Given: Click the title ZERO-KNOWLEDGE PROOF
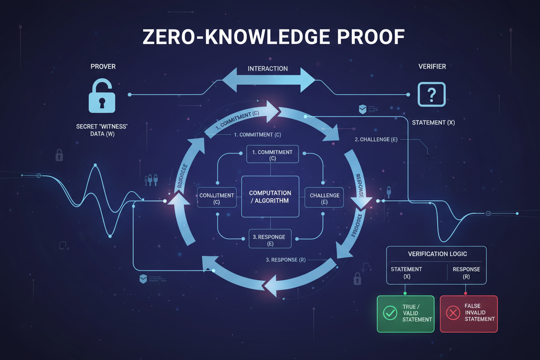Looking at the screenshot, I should [273, 38].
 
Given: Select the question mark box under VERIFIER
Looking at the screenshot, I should [431, 94].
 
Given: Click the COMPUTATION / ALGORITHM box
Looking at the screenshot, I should [270, 196].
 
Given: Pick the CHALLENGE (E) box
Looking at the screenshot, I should [325, 198].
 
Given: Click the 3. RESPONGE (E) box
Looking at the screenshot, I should [270, 240].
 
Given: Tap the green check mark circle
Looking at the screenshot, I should [390, 313].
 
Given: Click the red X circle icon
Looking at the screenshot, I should [453, 313].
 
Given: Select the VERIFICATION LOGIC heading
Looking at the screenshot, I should [437, 254].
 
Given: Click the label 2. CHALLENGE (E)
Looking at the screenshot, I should [376, 139].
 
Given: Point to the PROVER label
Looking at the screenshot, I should [103, 67].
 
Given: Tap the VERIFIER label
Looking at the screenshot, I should [432, 67].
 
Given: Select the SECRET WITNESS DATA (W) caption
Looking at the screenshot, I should [104, 130].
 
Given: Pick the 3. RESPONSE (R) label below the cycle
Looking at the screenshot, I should [286, 260].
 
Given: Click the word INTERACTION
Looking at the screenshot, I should [267, 68].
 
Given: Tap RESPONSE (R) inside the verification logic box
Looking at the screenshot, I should [466, 273].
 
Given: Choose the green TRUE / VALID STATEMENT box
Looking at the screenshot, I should [405, 314].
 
